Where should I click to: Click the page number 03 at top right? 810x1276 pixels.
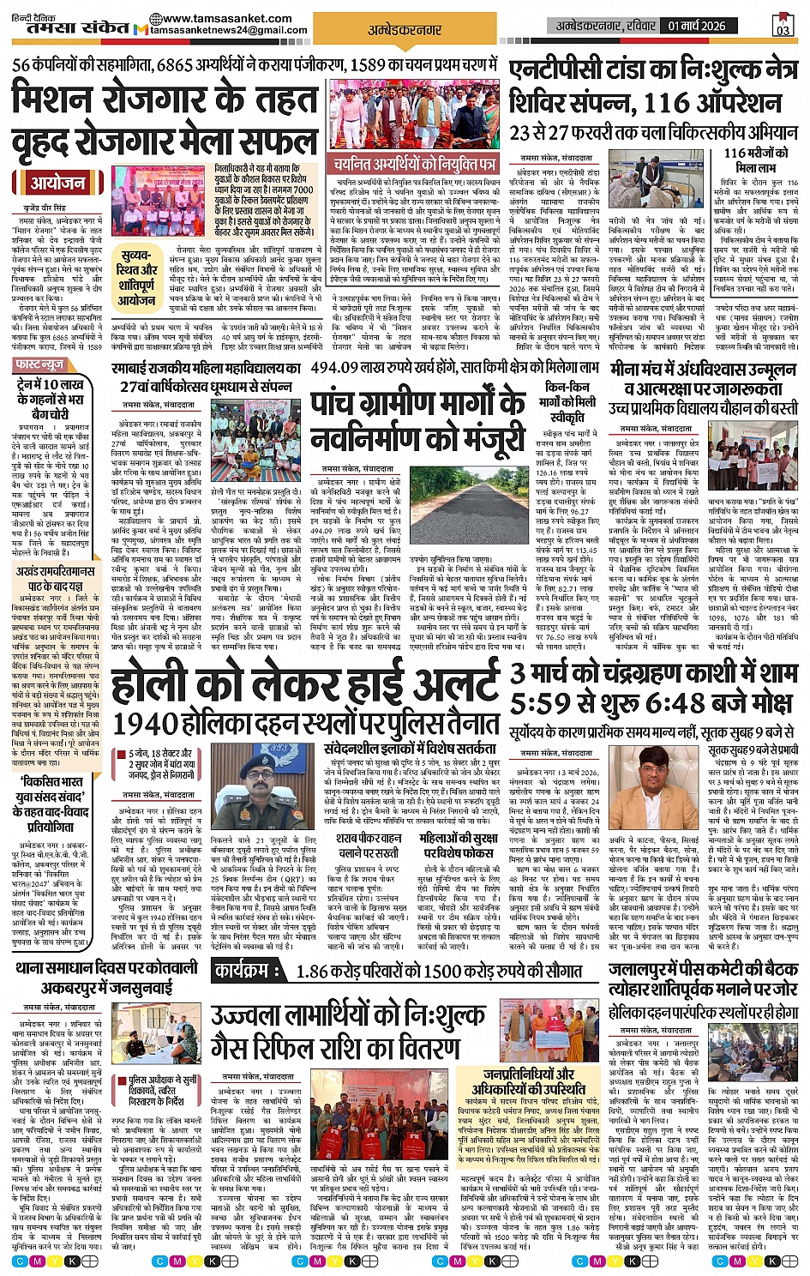click(x=782, y=27)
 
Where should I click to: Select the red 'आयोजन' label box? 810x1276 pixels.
click(x=58, y=183)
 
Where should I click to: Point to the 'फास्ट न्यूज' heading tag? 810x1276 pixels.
click(x=40, y=365)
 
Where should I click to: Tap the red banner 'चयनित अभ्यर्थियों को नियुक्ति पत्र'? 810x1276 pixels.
click(x=415, y=163)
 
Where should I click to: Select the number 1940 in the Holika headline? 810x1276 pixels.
click(x=142, y=722)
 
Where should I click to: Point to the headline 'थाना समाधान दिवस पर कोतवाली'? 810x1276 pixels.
click(x=107, y=967)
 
